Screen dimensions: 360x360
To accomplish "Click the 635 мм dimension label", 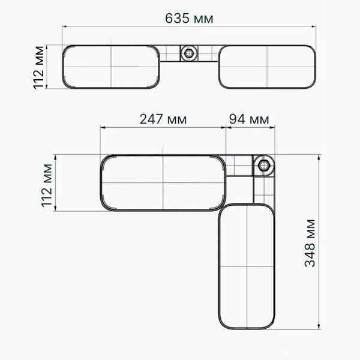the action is pos(189,19).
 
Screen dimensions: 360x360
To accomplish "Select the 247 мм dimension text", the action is pos(163,119).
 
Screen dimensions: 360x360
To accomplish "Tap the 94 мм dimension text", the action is pos(249,119).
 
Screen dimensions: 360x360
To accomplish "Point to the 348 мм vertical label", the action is pos(310,243).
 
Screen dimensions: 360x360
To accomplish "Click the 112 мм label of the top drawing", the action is pos(38,67).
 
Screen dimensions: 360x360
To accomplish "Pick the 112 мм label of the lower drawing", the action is pos(47,185).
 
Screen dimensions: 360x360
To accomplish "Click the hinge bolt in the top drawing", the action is pos(189,53).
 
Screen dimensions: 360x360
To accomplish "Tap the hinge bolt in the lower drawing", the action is pos(263,166).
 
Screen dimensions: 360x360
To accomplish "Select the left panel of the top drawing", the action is pos(111,67).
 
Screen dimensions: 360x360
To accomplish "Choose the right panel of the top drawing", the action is pos(267,67).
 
